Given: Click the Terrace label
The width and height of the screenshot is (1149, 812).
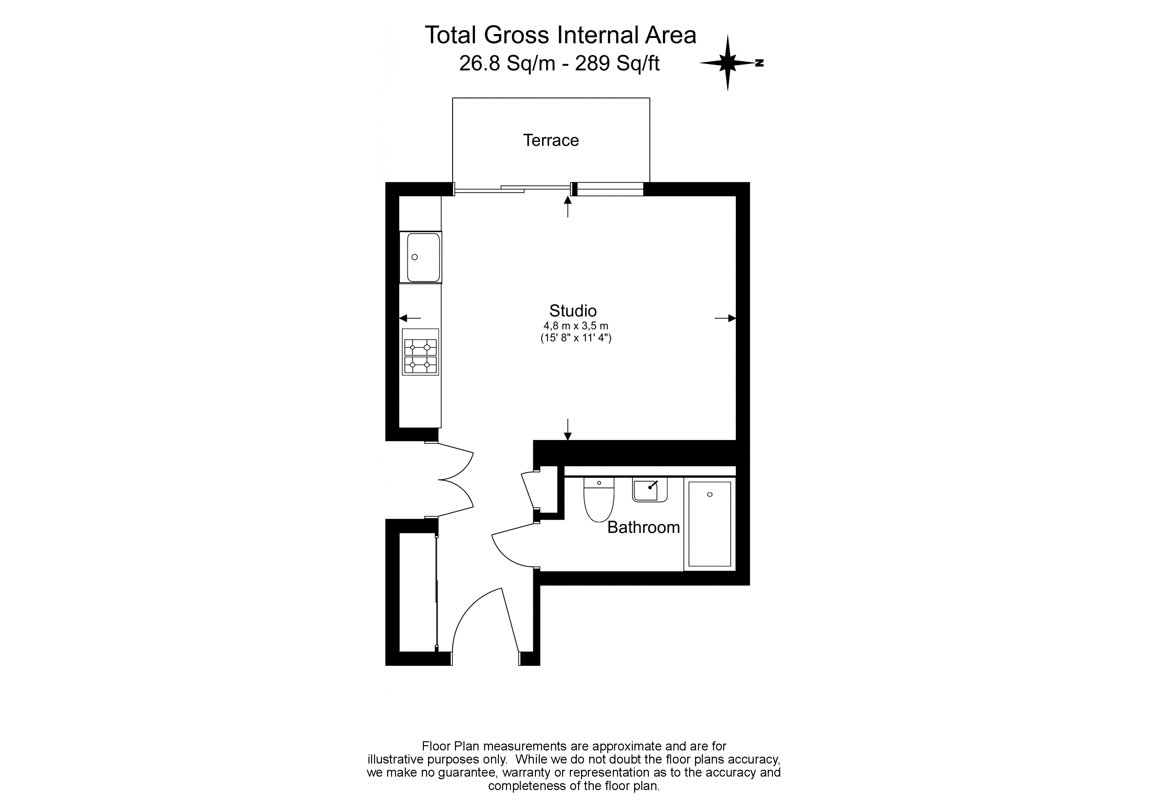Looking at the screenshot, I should click(x=551, y=140).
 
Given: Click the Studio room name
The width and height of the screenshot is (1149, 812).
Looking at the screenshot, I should click(x=573, y=311).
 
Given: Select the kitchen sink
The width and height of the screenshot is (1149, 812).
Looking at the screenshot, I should click(x=423, y=257).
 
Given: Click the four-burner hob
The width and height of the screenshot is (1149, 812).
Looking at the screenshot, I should click(x=420, y=352).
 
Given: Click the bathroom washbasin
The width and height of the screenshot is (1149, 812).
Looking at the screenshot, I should click(x=650, y=490).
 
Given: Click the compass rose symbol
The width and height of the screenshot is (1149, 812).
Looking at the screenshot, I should click(x=728, y=63).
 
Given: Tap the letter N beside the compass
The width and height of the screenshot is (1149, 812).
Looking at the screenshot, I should click(x=760, y=63).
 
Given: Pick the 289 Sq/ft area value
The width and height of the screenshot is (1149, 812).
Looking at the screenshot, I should click(x=617, y=64).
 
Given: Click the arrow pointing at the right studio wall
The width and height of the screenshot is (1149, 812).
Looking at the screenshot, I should click(x=725, y=318).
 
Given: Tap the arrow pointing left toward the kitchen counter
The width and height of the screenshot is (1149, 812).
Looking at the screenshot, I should click(x=410, y=318).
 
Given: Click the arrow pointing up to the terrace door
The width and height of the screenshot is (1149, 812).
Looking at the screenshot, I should click(x=568, y=206).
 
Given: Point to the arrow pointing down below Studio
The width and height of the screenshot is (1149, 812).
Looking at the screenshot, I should click(x=568, y=429).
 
